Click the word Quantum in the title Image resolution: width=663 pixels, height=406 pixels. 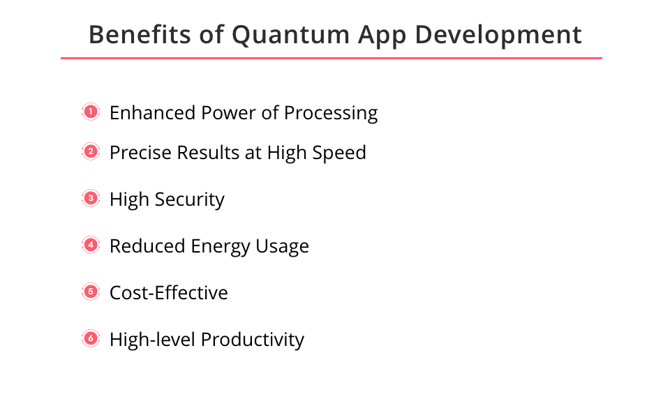(x=290, y=35)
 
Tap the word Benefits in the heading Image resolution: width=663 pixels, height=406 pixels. (x=140, y=34)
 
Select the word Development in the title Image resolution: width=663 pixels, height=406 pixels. (x=498, y=36)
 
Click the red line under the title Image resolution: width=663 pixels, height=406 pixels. (x=331, y=59)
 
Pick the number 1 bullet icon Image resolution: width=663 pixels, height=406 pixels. (x=91, y=112)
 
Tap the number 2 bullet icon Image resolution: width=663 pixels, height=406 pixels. (x=91, y=151)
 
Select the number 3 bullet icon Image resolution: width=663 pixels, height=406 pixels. (x=91, y=198)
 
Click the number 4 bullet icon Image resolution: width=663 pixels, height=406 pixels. (x=91, y=245)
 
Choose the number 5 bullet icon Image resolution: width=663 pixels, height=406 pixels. (x=91, y=292)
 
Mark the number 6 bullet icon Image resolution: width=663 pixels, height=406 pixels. (x=91, y=338)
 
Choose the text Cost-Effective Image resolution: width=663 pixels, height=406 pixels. (x=169, y=292)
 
